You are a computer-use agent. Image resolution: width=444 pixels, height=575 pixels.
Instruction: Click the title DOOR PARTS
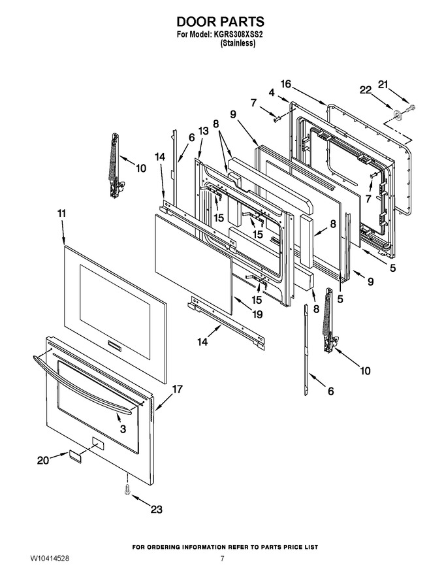point(221,22)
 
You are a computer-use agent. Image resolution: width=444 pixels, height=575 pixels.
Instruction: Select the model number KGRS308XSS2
point(238,35)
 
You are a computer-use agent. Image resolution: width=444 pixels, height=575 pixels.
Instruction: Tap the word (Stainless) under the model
point(238,43)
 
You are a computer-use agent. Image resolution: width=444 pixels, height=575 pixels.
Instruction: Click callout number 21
point(383,85)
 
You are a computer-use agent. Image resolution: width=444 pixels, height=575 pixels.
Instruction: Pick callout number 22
point(366,90)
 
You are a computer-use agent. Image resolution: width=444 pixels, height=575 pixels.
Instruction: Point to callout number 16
point(286,84)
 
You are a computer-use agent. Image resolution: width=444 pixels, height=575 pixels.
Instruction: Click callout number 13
point(203,131)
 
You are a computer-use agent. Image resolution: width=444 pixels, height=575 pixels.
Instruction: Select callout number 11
point(62,214)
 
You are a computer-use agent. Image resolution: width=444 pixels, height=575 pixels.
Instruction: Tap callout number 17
point(178,389)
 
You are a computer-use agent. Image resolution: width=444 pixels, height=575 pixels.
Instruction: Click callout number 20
point(43,460)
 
